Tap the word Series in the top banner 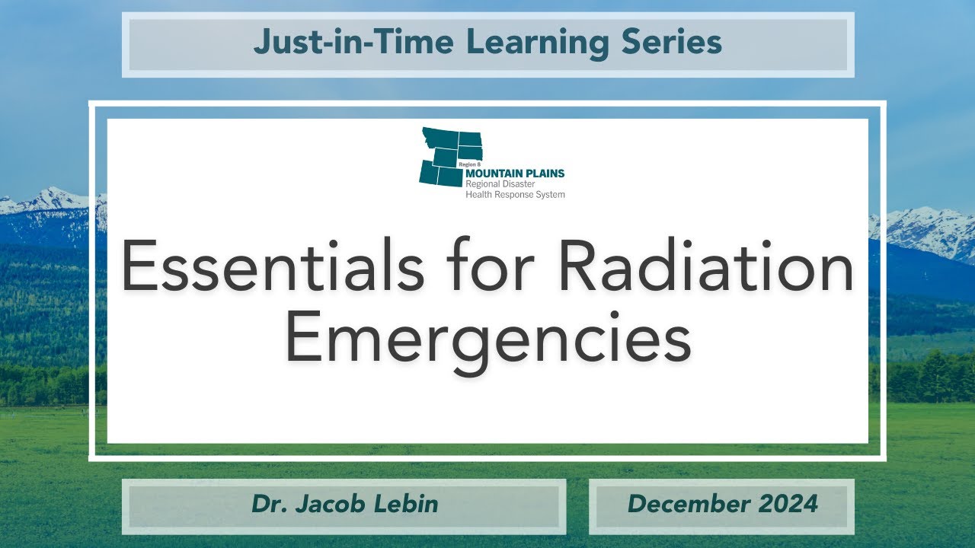click(x=672, y=42)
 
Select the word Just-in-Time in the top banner click(x=353, y=42)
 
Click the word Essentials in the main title click(x=273, y=266)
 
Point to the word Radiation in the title click(x=706, y=266)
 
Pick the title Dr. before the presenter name click(x=270, y=504)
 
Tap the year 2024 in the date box click(x=788, y=504)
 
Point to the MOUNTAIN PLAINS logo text click(x=515, y=173)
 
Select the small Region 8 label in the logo click(x=469, y=165)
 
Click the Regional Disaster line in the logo click(x=500, y=184)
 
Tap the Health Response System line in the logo click(x=516, y=194)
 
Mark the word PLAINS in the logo click(x=545, y=173)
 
